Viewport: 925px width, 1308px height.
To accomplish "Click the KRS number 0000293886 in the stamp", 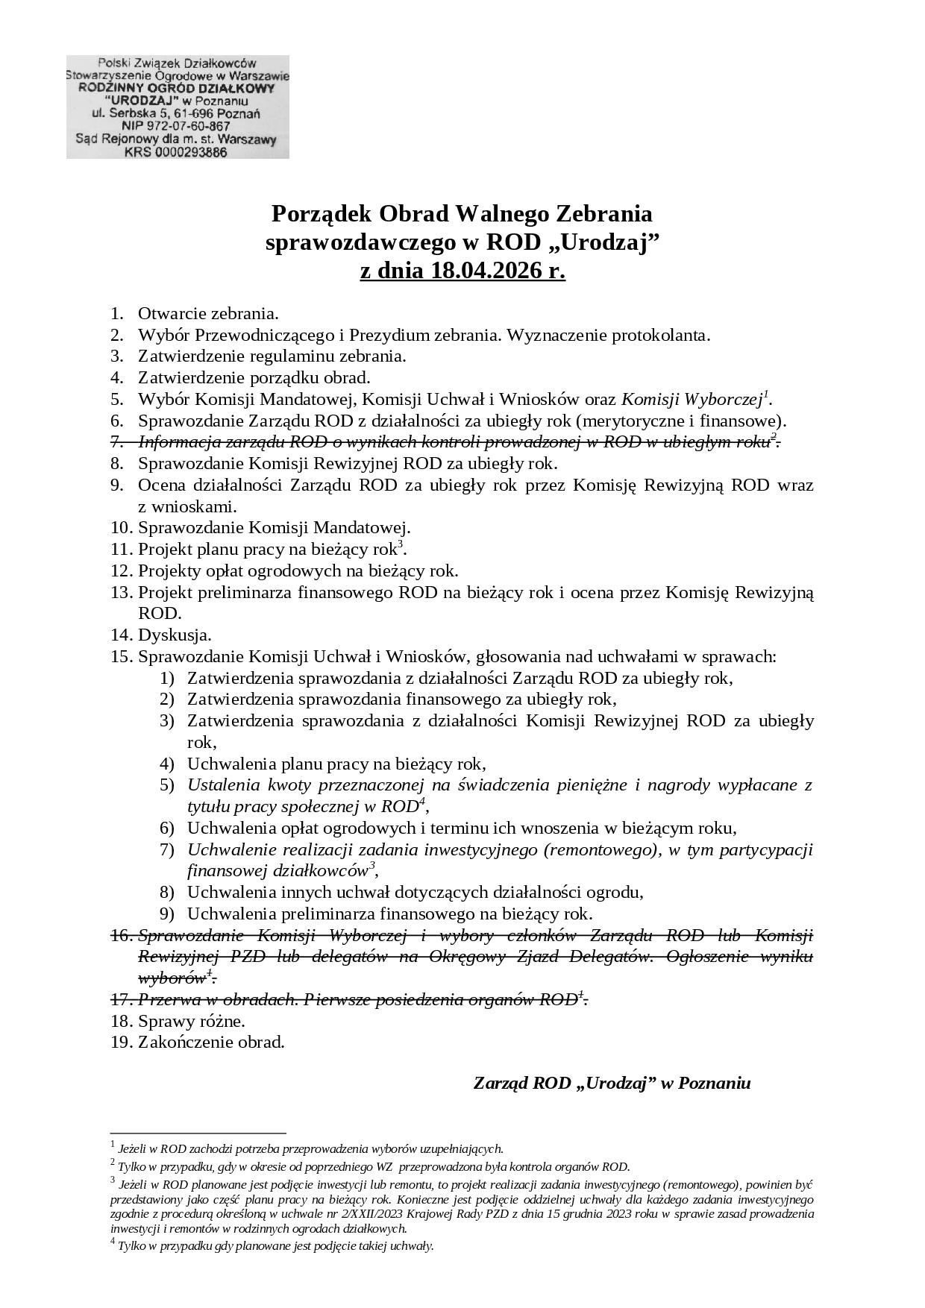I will pos(194,152).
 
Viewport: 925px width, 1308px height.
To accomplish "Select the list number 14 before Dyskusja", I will pos(121,635).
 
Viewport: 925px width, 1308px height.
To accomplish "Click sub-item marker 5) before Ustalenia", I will pos(166,785).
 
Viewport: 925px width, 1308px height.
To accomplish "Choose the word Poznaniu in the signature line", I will pos(715,1083).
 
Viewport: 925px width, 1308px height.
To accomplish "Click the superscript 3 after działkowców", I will pos(373,865).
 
